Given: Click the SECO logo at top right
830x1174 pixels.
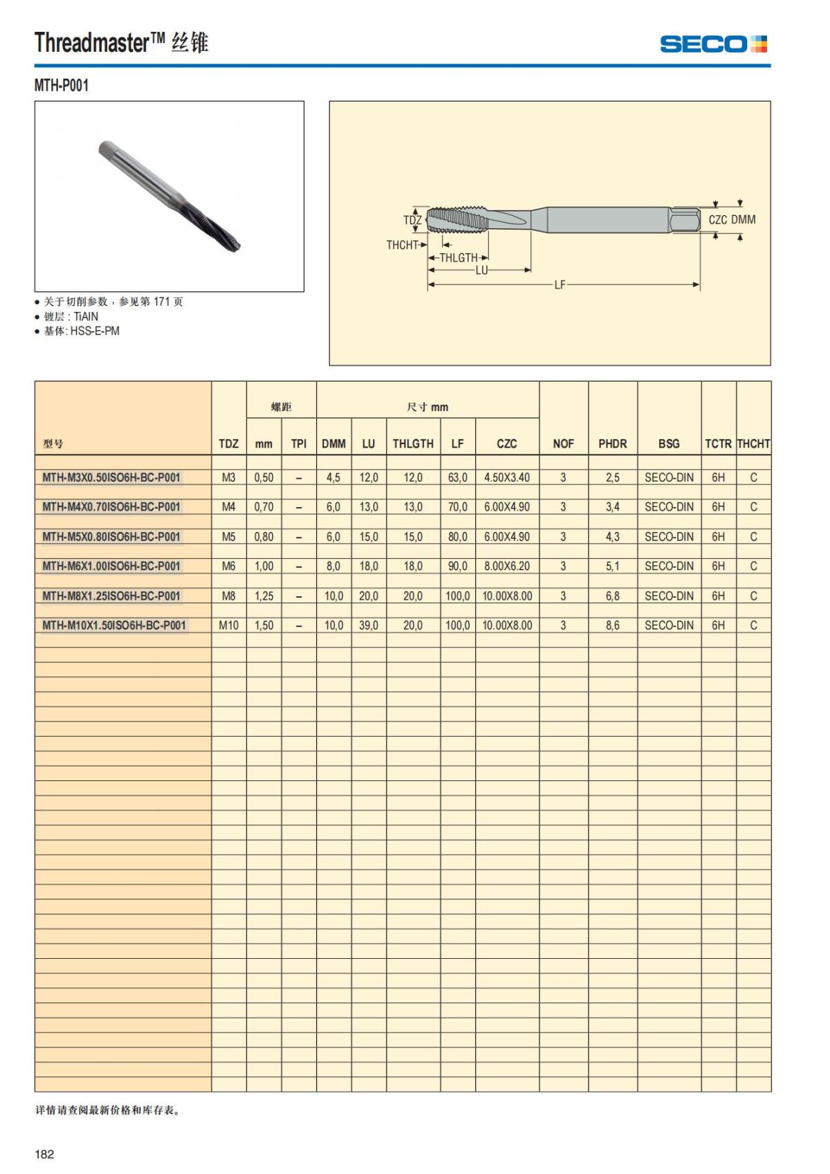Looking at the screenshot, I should tap(713, 44).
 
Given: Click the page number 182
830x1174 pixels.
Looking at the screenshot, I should tap(44, 1154).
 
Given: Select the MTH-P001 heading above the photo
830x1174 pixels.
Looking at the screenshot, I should tap(62, 86).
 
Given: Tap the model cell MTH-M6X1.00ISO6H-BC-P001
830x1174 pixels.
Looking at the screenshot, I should tap(111, 566).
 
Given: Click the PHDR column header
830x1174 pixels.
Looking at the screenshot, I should tap(612, 443).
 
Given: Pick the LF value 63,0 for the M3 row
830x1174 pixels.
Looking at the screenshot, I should tap(457, 477).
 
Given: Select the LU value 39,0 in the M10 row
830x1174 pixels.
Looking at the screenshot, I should tap(369, 625).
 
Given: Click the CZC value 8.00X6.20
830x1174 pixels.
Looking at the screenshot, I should tap(506, 566).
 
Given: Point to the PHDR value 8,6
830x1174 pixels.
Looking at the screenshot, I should tap(612, 625).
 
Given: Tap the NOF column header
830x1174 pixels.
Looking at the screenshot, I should tap(563, 443).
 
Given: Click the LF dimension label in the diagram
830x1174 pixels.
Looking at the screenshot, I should tap(560, 284).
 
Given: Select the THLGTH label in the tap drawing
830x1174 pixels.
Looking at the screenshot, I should tap(459, 257).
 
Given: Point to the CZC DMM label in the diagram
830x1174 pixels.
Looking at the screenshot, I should tap(732, 219).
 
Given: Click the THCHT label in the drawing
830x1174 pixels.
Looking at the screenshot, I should tap(403, 245).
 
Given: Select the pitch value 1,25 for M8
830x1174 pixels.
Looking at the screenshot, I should tap(264, 596).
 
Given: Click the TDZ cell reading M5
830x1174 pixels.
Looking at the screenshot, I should tap(228, 536).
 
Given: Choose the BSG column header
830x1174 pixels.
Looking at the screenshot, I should tap(669, 443).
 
